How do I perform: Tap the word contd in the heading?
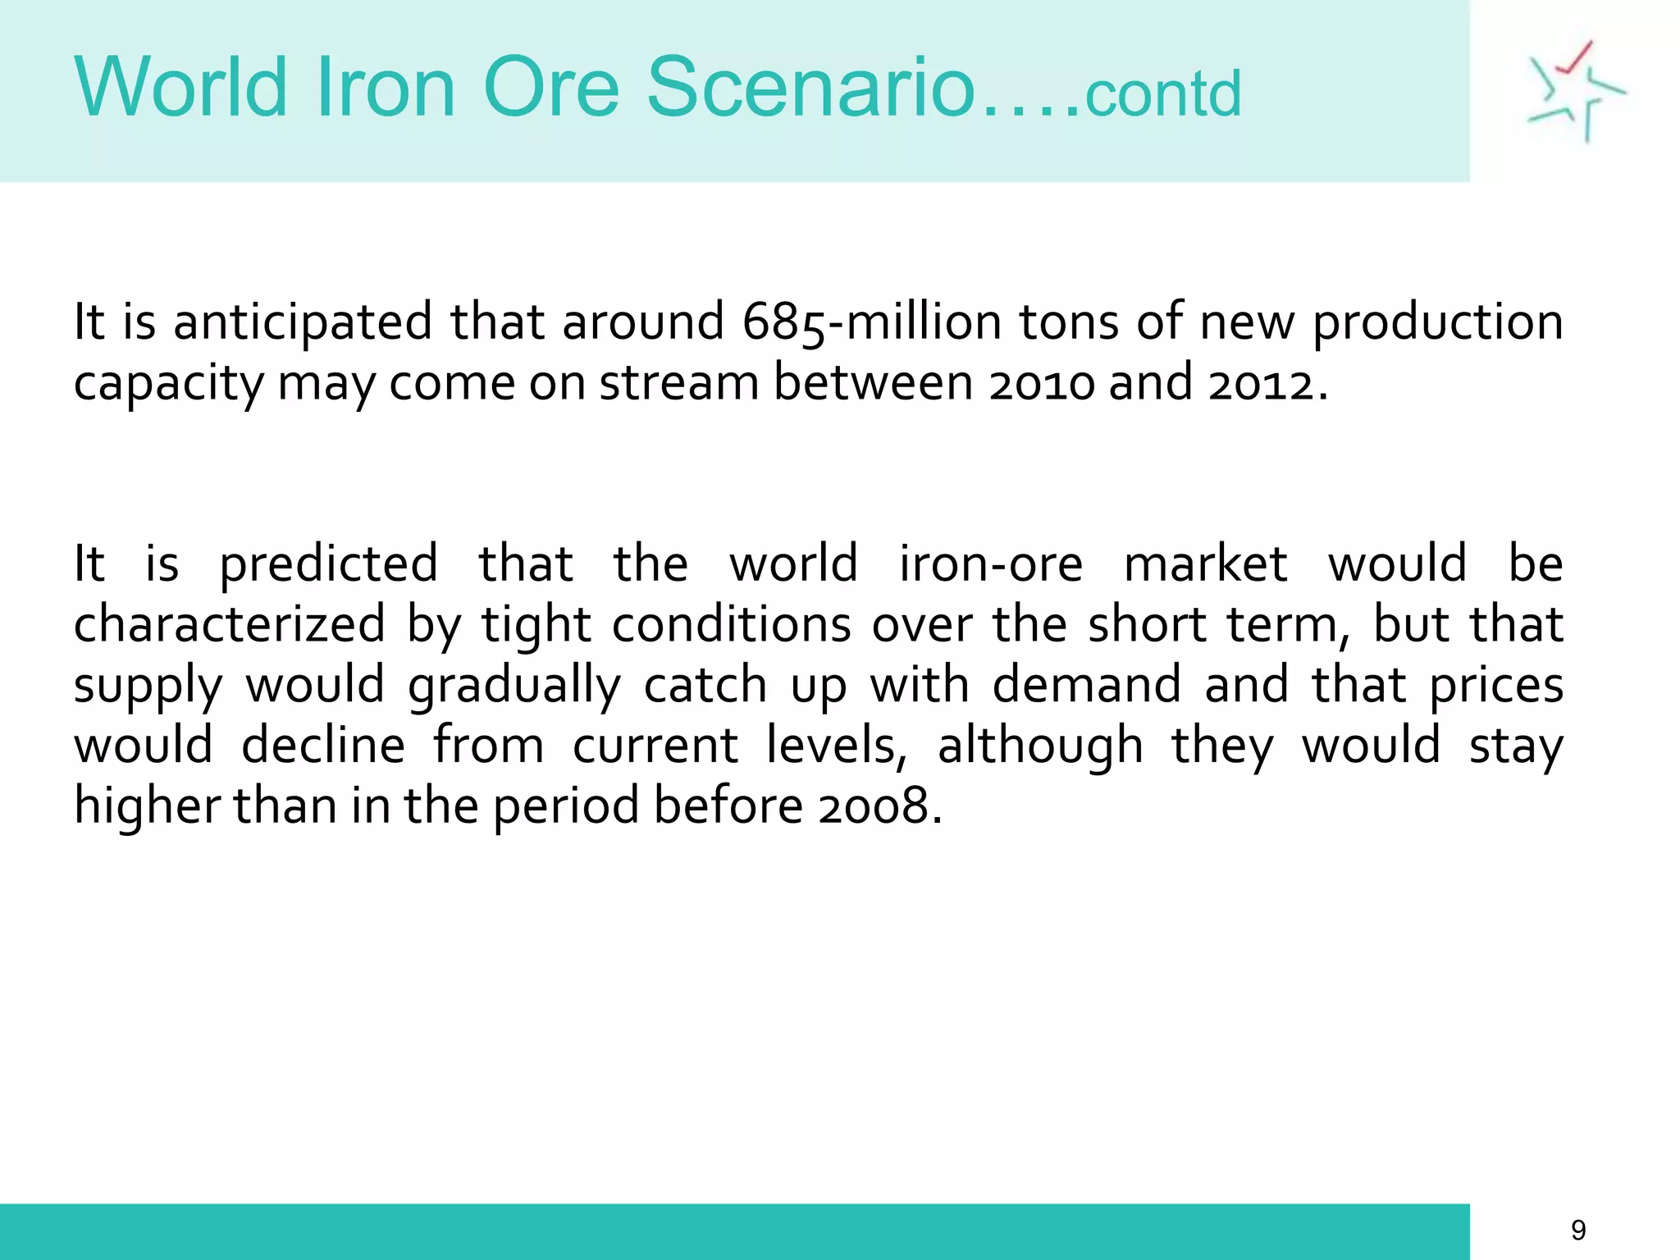coord(1162,94)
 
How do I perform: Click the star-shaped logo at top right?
coord(1575,91)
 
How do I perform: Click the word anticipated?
coord(303,322)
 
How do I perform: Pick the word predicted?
coord(329,565)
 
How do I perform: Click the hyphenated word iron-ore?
coord(991,564)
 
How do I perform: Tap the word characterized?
coord(230,624)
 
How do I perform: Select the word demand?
coord(1087,684)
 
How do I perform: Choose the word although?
coord(1040,746)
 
